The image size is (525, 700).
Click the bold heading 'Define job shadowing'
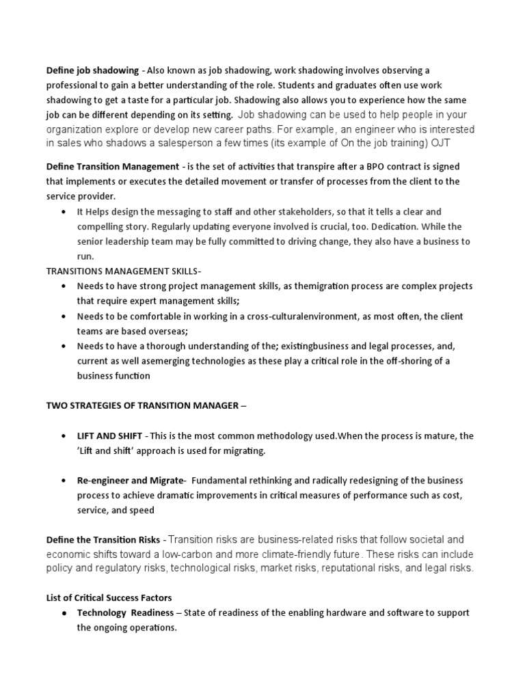(x=92, y=70)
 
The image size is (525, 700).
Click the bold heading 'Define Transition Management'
(x=113, y=167)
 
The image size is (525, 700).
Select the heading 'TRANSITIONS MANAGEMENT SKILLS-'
(x=124, y=271)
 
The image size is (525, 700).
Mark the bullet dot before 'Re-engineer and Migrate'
(x=64, y=481)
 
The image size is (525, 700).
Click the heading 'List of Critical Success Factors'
(x=108, y=598)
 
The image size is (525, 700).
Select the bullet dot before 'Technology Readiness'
(x=64, y=613)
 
